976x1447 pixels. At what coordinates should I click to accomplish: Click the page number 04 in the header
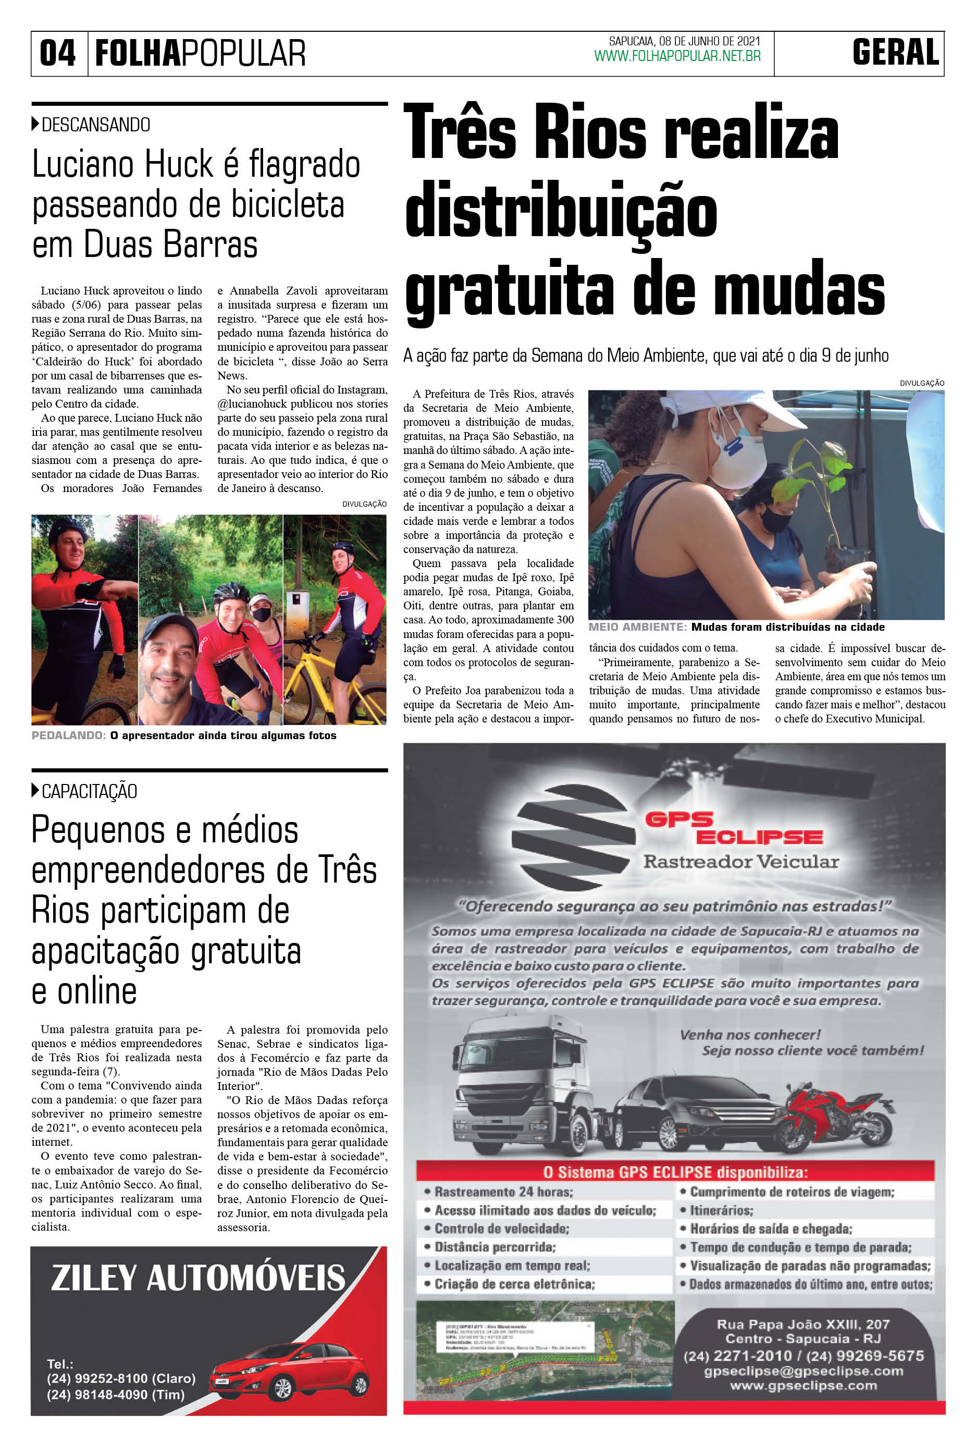58,53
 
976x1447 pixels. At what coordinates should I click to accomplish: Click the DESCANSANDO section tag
95,125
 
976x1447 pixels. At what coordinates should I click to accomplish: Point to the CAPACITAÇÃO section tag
89,791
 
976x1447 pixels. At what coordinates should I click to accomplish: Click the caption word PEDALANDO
68,735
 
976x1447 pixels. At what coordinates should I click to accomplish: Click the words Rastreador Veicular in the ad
740,862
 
